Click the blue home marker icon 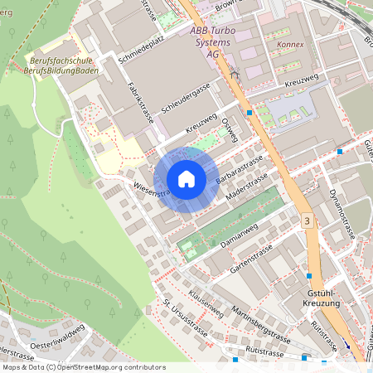pos(186,179)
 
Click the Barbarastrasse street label pos(240,169)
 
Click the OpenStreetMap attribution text pos(84,366)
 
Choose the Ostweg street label pos(231,128)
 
